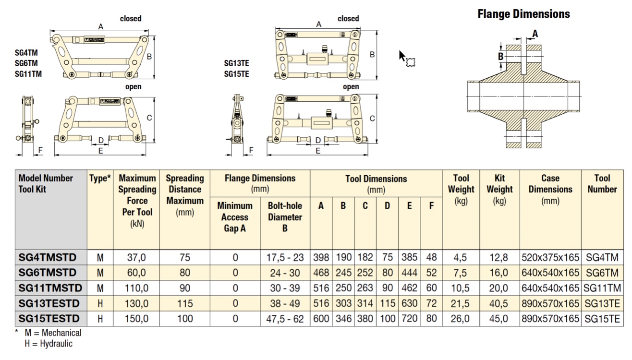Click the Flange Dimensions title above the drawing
pos(523,14)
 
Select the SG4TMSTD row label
pos(47,257)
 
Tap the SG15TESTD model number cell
pos(49,318)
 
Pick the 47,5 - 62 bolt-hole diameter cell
pos(285,319)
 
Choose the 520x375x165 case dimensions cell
pos(550,257)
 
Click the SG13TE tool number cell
pos(603,303)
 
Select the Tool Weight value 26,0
pos(460,319)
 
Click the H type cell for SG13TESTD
pos(100,303)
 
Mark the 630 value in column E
pos(409,303)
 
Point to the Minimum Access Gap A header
pos(235,217)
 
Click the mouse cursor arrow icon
pos(403,56)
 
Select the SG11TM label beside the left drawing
pos(28,74)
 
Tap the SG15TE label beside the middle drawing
pos(236,74)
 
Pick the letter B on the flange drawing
pos(500,56)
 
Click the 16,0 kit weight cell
pos(499,273)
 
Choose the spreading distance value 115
pos(185,303)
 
